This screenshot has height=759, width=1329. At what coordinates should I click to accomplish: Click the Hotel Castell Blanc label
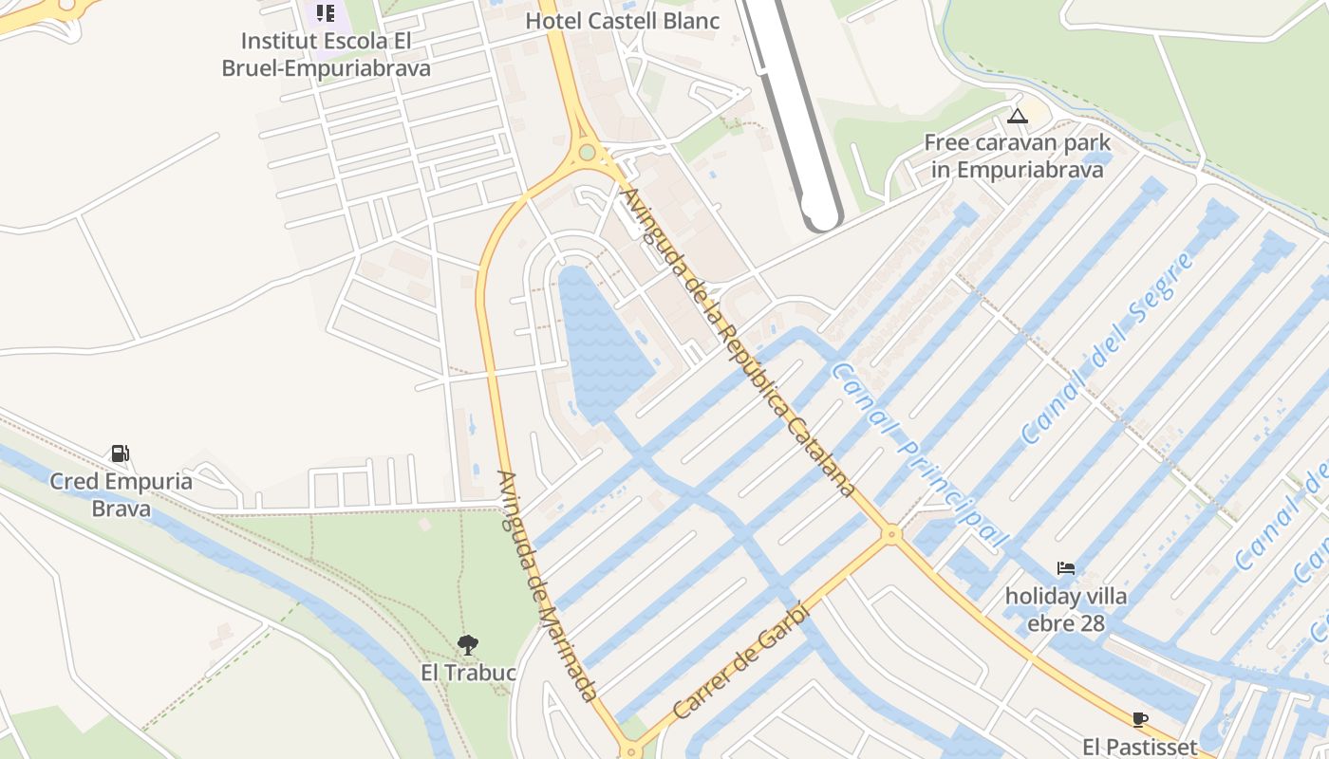[x=623, y=21]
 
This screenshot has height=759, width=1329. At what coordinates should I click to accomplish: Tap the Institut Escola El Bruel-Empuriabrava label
[x=326, y=55]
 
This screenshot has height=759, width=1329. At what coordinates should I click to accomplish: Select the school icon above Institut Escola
[x=326, y=13]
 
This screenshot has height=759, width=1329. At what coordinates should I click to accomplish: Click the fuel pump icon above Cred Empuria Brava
[x=121, y=454]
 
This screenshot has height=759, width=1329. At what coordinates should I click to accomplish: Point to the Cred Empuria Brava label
[x=121, y=494]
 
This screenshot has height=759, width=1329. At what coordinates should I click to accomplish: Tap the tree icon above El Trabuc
[x=467, y=645]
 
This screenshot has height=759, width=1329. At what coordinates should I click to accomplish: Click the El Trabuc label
[x=468, y=673]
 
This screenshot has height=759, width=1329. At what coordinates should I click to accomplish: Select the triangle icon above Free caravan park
[x=1018, y=117]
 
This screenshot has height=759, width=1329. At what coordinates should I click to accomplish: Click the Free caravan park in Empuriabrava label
[x=1017, y=157]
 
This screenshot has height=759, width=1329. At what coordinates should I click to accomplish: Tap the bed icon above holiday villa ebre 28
[x=1066, y=569]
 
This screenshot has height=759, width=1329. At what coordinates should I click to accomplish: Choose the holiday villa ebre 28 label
[x=1066, y=610]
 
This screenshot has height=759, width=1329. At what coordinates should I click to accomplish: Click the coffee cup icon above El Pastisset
[x=1139, y=719]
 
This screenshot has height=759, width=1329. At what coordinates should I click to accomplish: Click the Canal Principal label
[x=918, y=455]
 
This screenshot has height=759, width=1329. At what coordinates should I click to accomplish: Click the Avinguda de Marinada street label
[x=548, y=586]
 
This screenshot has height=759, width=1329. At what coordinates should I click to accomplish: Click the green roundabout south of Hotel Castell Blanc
[x=587, y=152]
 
